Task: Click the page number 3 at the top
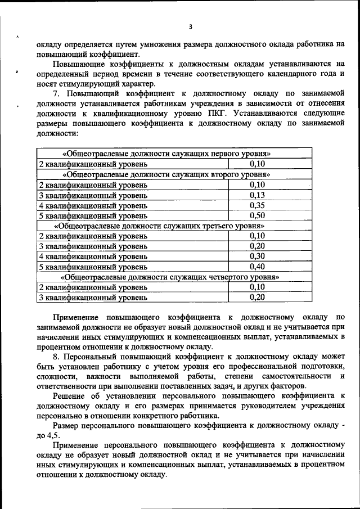(191, 26)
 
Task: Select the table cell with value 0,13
(256, 195)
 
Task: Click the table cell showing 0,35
(256, 205)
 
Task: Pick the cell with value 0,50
(256, 215)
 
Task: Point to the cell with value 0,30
(256, 256)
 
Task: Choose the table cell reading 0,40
(256, 266)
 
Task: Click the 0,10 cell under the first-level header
(256, 164)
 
